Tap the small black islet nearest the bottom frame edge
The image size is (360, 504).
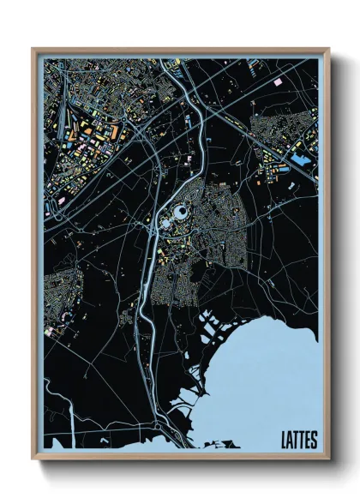184,445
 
